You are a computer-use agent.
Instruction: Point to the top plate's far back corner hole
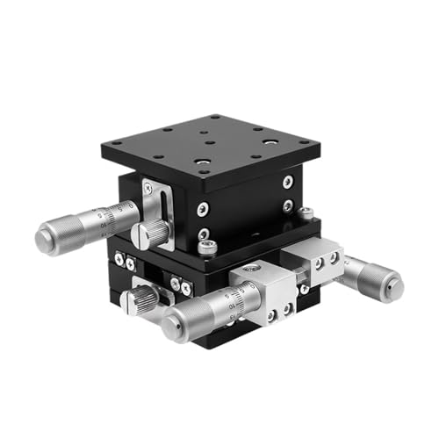(x=213, y=117)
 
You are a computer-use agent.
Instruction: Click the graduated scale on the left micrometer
(x=121, y=215)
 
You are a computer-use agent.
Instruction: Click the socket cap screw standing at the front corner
(x=206, y=247)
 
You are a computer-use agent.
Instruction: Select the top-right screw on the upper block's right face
(x=288, y=183)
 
